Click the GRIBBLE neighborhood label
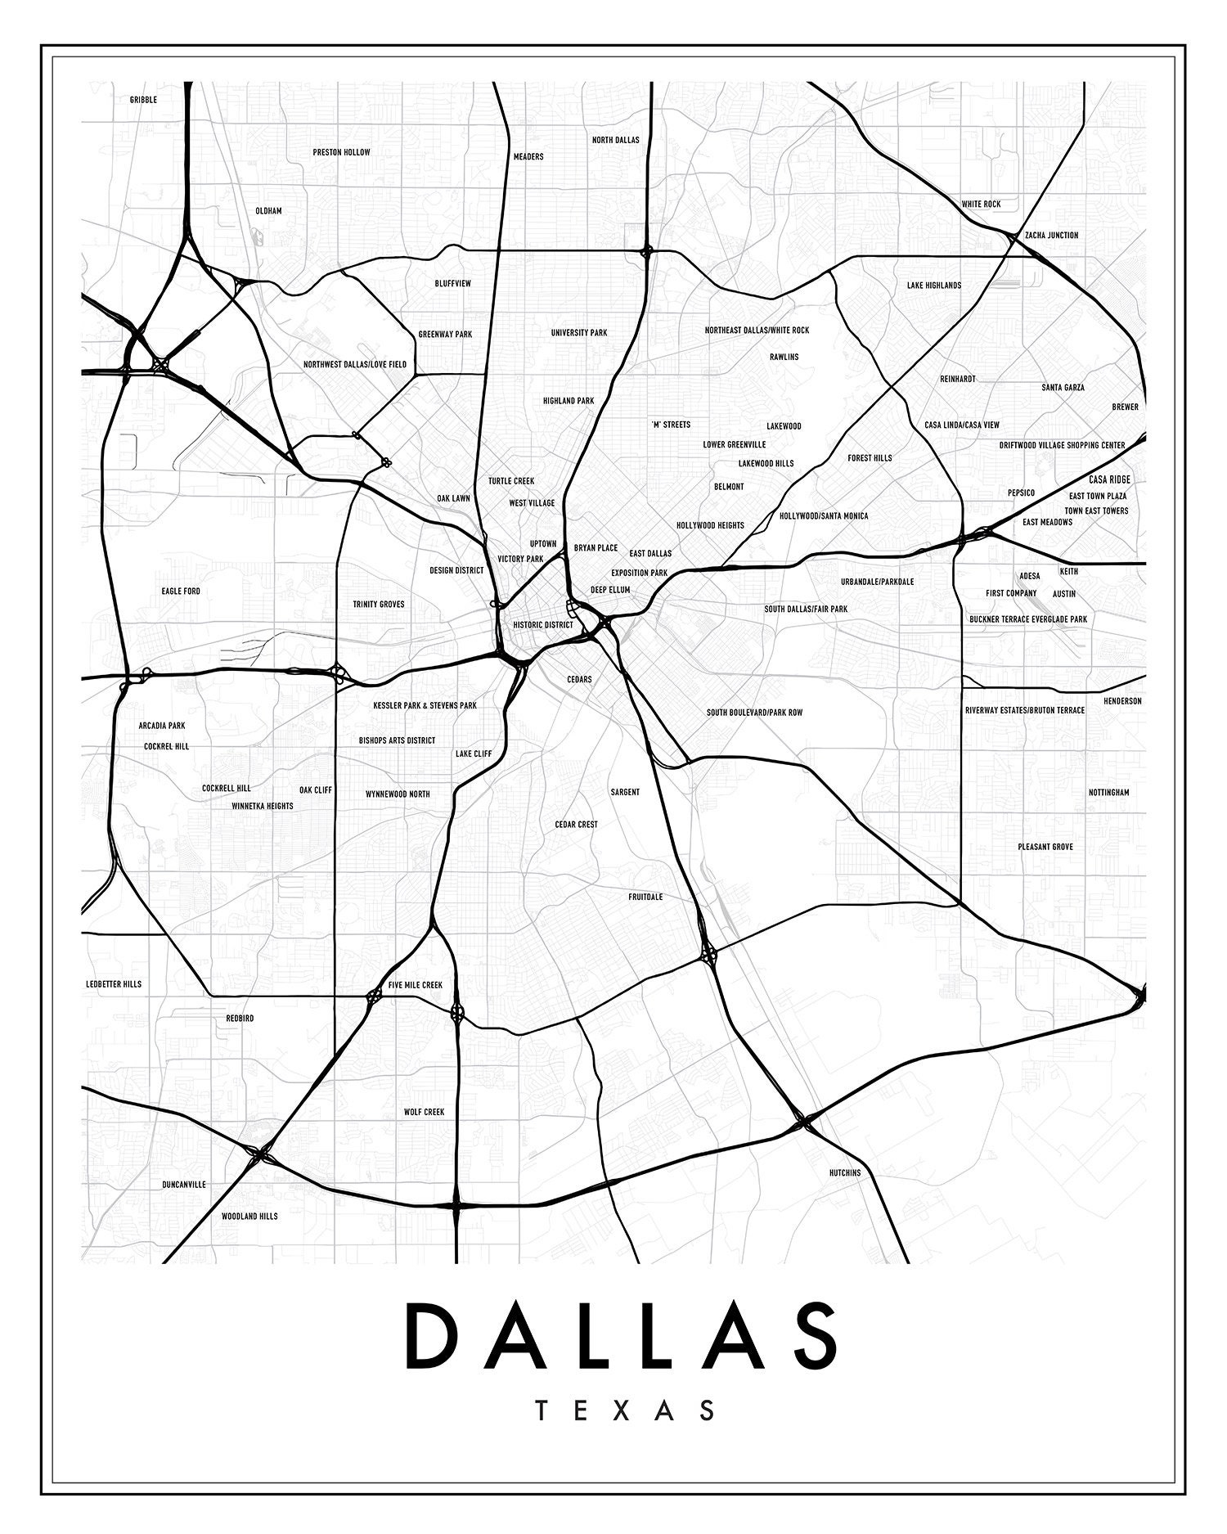[x=143, y=100]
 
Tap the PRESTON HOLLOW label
[x=341, y=152]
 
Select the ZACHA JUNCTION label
[x=1051, y=235]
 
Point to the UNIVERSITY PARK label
[x=578, y=333]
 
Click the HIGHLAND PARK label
[x=569, y=401]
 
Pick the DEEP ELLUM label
[x=610, y=589]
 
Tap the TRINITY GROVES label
[x=378, y=605]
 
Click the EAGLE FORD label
[x=181, y=591]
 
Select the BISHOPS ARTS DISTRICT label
[x=397, y=740]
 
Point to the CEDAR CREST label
[x=576, y=825]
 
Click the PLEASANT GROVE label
[x=1045, y=847]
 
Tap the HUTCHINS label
[x=845, y=1172]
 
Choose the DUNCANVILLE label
[x=184, y=1184]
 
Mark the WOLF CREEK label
[x=424, y=1112]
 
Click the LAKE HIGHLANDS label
[x=933, y=286]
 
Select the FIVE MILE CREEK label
[x=415, y=985]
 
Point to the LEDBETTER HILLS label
[x=114, y=984]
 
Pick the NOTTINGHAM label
[x=1108, y=793]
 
